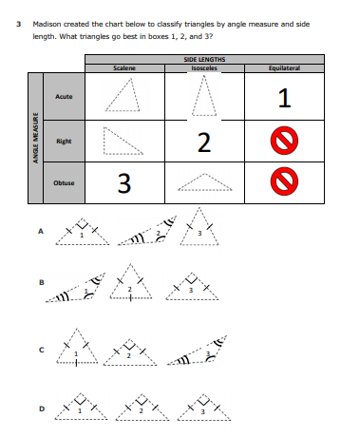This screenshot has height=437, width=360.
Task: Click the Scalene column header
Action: point(124,68)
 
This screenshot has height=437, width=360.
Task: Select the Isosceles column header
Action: point(204,68)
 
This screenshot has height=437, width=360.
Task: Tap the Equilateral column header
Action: point(284,68)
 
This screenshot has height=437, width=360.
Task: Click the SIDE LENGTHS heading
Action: point(204,59)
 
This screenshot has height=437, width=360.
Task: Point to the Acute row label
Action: point(64,96)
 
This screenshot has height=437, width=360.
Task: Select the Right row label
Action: point(64,141)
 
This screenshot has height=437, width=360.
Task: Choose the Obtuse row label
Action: point(64,182)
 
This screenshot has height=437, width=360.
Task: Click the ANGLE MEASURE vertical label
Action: point(36,138)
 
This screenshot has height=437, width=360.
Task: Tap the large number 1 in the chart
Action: point(284,98)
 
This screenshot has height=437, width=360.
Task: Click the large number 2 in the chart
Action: point(204,142)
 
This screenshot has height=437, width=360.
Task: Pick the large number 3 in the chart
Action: point(124,183)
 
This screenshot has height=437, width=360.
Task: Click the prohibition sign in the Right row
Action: point(284,141)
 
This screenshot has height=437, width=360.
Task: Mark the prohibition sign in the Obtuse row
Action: point(284,181)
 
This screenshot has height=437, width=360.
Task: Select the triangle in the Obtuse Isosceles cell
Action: point(205,182)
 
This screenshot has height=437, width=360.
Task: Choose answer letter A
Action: point(41,231)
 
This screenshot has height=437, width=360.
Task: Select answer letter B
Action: point(41,282)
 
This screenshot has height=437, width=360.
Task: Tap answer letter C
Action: point(41,350)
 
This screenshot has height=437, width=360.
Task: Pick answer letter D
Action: point(42,408)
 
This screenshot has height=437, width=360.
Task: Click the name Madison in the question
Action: point(47,24)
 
